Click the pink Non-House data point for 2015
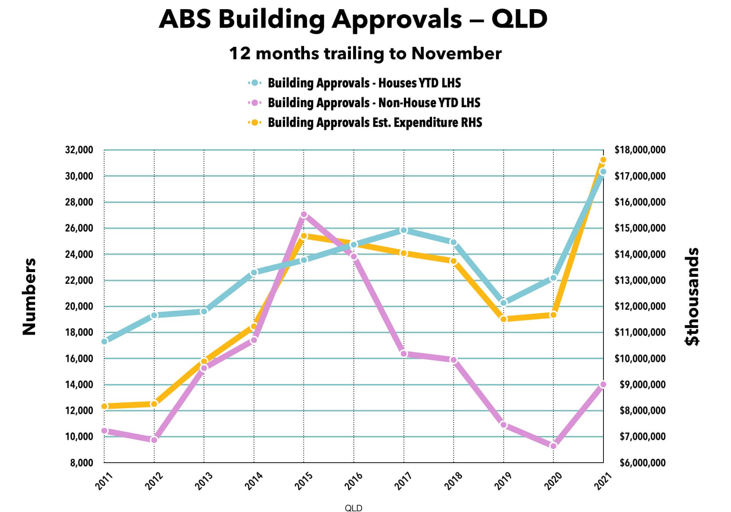(304, 215)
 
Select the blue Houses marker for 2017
(404, 230)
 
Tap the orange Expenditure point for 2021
(603, 160)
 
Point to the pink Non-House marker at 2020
(553, 446)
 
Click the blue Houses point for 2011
(104, 341)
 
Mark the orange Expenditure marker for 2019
(504, 319)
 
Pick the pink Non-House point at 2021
(603, 384)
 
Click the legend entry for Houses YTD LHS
(364, 83)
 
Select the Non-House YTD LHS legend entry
(374, 103)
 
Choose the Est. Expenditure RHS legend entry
(375, 123)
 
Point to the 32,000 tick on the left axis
(79, 150)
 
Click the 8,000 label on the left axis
(82, 463)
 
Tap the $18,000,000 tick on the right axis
(640, 150)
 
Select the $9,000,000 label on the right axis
(643, 385)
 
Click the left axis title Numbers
(29, 296)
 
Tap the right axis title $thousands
(692, 296)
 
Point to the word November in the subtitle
(456, 53)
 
